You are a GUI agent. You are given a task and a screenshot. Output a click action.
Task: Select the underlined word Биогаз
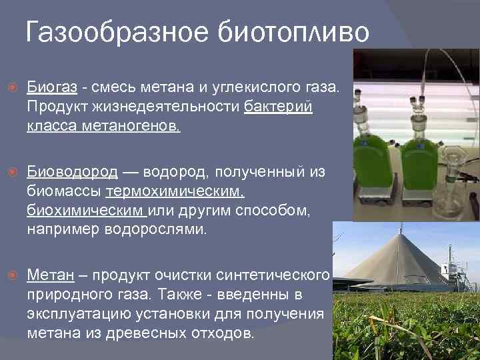coord(52,87)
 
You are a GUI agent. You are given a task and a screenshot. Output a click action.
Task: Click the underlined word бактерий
coord(278,107)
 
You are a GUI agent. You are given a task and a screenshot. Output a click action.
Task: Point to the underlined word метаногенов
coord(137,126)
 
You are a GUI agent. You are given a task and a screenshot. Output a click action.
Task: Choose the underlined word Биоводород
coord(72,172)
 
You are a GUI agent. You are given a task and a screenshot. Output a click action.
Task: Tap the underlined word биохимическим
coord(85,211)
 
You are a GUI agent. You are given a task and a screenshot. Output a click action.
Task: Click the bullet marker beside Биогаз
coord(9,87)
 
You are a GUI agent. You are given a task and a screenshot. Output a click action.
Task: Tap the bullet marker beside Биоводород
coord(9,173)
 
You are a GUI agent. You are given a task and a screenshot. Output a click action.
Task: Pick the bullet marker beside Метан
coord(9,276)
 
